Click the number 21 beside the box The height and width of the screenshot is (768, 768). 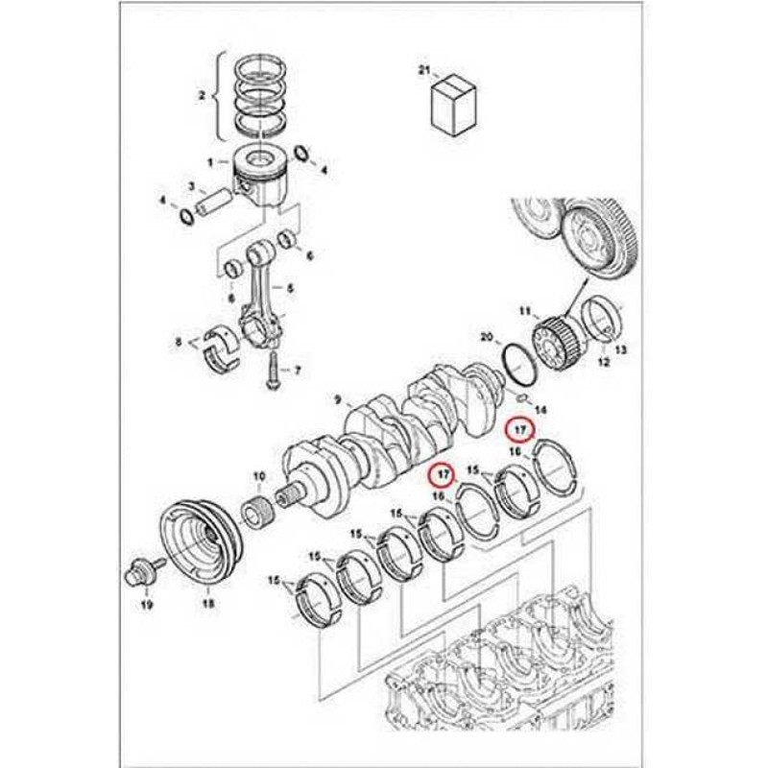[x=423, y=70]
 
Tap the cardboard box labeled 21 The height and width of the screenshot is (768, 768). [x=454, y=105]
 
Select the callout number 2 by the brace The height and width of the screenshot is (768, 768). [x=202, y=95]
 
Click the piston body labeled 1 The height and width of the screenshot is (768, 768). [x=260, y=178]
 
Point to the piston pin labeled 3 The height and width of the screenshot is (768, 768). [x=215, y=201]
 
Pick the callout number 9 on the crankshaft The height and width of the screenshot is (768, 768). [x=338, y=400]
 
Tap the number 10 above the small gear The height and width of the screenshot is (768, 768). [x=259, y=476]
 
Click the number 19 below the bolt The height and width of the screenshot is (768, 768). [x=147, y=605]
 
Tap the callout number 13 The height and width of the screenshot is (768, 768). [x=620, y=349]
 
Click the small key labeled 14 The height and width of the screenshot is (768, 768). [x=522, y=397]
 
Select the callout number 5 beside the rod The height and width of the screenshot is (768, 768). [x=291, y=289]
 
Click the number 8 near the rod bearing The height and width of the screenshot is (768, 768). [x=179, y=342]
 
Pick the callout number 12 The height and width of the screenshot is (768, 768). [x=604, y=363]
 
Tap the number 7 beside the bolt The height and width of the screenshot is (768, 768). [x=298, y=371]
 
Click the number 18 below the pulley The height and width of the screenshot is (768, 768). [x=208, y=604]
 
